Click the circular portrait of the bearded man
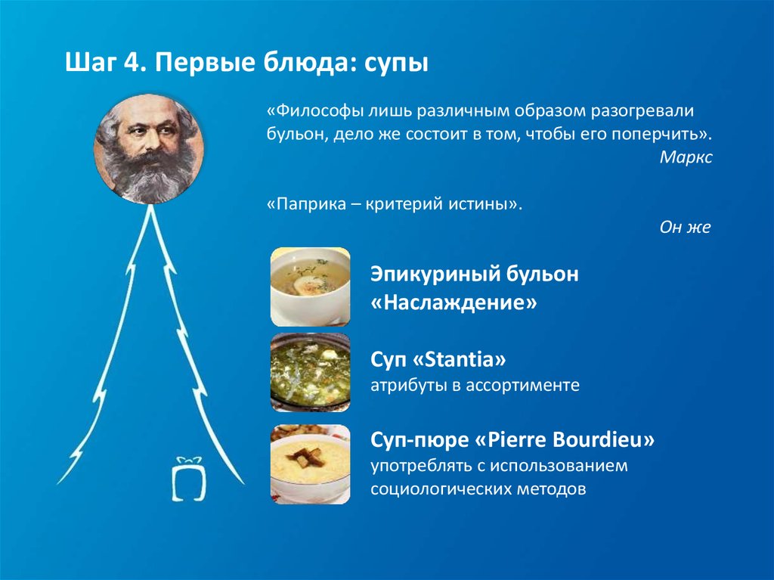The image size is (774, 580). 149,149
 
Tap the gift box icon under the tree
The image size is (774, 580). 188,479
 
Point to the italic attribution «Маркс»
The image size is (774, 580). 686,157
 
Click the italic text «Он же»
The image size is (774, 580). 685,228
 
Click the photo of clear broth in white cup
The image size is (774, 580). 311,287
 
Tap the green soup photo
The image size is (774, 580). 311,373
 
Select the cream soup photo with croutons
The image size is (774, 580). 311,464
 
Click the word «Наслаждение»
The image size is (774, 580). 454,302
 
